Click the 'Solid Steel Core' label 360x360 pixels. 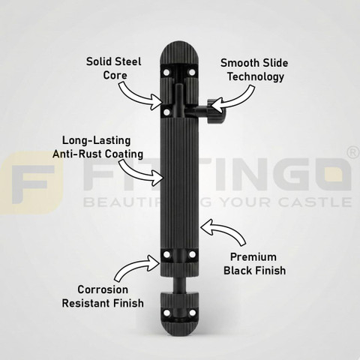114,68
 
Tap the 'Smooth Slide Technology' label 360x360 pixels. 254,70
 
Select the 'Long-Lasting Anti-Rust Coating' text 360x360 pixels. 97,147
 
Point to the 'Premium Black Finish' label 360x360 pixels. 254,264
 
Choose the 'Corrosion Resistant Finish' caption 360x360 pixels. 103,296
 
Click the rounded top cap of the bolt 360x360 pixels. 179,54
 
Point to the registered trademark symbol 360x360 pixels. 353,153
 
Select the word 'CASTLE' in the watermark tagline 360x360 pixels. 316,202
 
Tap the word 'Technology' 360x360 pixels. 256,76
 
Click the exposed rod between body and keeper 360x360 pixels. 178,284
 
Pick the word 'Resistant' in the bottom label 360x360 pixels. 86,303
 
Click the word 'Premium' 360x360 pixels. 253,257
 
